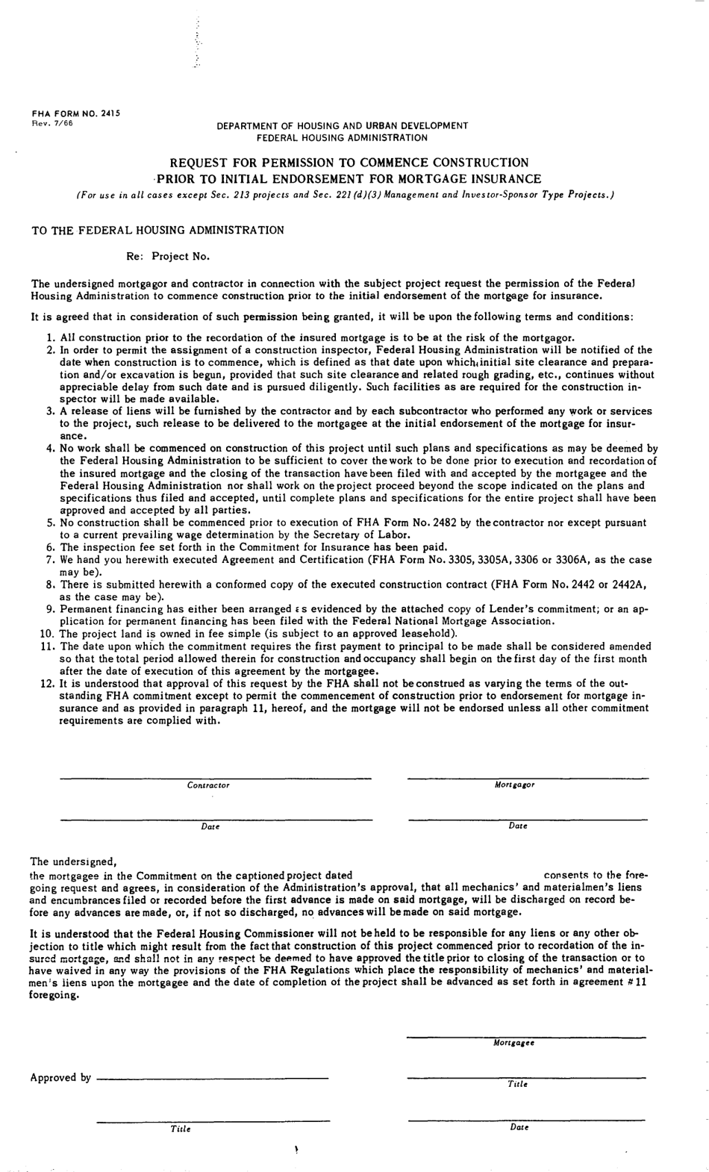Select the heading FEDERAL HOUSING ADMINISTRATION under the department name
pos(342,137)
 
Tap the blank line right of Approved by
pos(213,1077)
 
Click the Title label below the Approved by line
pos(181,1129)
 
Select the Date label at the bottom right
pos(519,1127)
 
